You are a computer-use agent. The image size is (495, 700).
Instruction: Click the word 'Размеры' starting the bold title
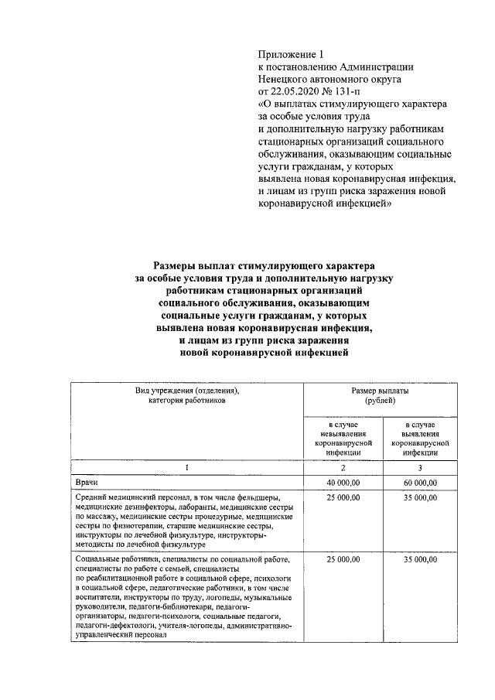(180, 264)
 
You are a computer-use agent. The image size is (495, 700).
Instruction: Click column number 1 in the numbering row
(186, 467)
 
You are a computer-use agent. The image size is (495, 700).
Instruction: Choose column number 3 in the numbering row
(419, 467)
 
